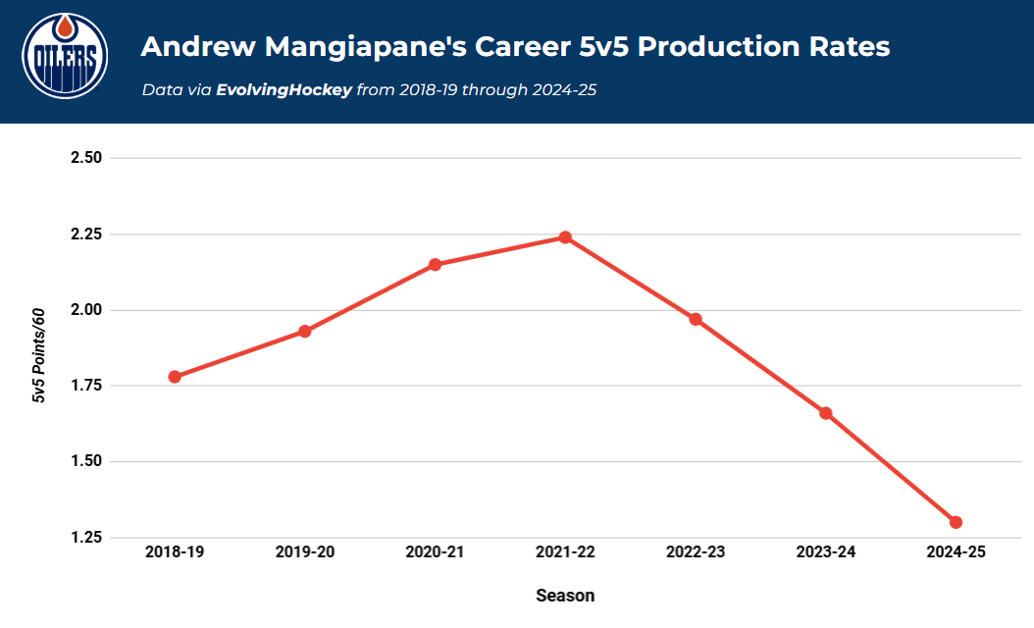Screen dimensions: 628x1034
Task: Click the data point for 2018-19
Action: click(175, 377)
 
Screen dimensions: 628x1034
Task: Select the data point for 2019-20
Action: click(305, 332)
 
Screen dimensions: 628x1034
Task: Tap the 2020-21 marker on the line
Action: click(435, 265)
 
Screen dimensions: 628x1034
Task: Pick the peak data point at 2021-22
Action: click(565, 237)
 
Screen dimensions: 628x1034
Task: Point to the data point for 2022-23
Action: click(696, 319)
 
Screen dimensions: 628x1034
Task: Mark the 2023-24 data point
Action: click(825, 413)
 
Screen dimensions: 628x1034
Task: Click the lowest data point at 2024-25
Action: click(956, 522)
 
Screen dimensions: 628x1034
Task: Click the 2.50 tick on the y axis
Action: click(87, 158)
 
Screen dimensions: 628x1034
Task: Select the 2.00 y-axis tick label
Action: click(87, 310)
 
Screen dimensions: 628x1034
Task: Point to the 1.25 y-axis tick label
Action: click(87, 538)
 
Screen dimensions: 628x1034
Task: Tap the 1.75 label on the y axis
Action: click(87, 386)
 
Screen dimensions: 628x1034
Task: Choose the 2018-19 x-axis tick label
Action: click(175, 552)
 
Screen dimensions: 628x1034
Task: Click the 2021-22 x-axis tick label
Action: click(565, 552)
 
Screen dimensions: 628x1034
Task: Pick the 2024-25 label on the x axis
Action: click(956, 552)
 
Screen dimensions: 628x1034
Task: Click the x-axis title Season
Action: click(565, 596)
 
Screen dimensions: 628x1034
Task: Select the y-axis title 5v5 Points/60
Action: click(39, 354)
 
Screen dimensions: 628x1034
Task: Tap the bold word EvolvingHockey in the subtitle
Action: click(284, 90)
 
